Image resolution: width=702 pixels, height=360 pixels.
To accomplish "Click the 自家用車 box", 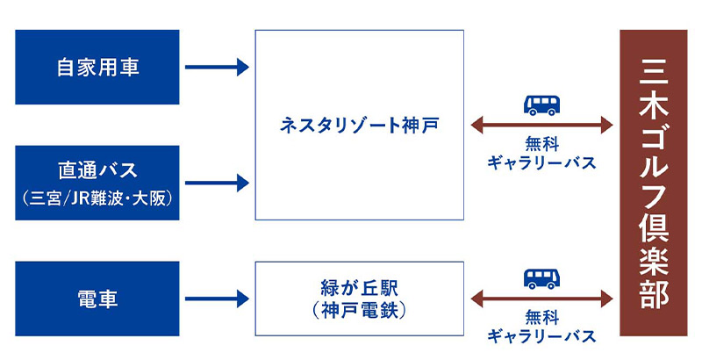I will tap(97, 68).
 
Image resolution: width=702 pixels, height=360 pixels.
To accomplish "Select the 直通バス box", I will tap(97, 183).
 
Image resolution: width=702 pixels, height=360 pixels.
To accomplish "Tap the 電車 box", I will tap(97, 299).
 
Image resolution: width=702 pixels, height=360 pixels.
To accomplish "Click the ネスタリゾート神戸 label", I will tap(358, 126).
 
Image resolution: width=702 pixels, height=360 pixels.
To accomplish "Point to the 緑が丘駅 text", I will tap(358, 288).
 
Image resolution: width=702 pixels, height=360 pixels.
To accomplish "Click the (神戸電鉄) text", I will tap(358, 309).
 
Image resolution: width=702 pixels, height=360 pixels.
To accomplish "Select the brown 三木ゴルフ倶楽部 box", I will tap(654, 183).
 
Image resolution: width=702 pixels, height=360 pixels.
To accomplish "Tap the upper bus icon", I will tap(542, 104).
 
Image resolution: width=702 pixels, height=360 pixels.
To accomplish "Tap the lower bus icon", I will tap(542, 279).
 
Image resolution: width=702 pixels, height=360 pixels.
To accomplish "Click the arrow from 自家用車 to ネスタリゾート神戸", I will tap(217, 68).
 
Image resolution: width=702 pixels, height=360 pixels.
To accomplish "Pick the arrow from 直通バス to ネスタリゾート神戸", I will tap(217, 184).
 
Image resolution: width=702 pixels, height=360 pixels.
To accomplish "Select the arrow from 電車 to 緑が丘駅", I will tap(217, 299).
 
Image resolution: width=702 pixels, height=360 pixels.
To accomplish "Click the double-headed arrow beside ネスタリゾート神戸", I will tap(541, 126).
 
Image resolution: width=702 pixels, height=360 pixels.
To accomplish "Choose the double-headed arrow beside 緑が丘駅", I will tap(541, 299).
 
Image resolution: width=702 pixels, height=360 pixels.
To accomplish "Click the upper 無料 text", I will tap(541, 145).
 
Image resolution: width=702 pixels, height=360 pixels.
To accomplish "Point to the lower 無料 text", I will tap(541, 318).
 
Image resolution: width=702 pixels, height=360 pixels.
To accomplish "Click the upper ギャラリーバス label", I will tap(541, 163).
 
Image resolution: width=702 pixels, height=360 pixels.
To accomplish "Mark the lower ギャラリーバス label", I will tap(541, 336).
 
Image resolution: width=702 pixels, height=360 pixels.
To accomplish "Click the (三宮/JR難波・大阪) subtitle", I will tap(97, 198).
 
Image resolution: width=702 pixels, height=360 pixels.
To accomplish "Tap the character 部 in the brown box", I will tap(654, 293).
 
